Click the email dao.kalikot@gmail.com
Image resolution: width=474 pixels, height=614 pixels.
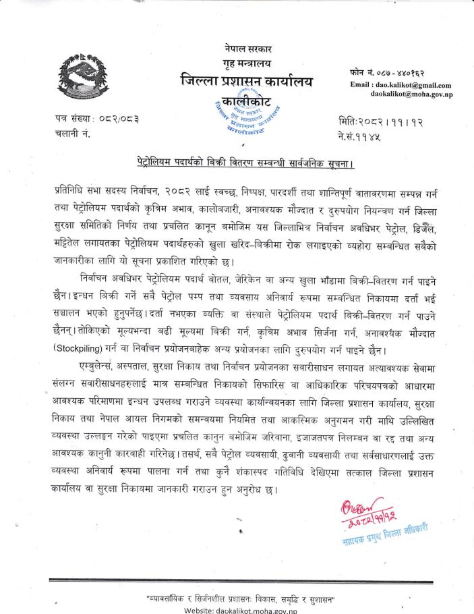tap(401, 85)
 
